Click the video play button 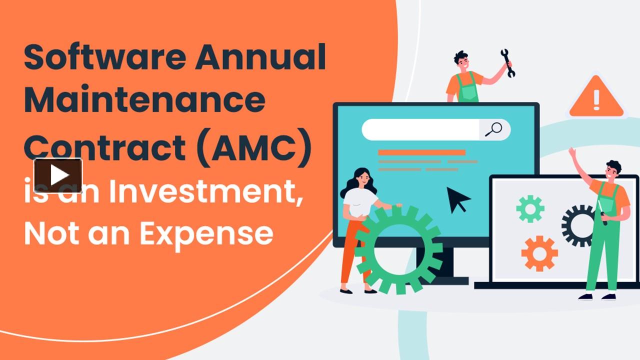pos(58,175)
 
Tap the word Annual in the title pos(260,57)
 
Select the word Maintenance pos(144,100)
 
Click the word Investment pos(206,193)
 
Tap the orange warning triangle pos(596,98)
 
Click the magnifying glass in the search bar pos(493,129)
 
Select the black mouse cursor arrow pos(457,198)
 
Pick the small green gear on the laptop pos(530,208)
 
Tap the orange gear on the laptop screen pos(539,253)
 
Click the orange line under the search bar pos(421,152)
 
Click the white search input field pos(420,129)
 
